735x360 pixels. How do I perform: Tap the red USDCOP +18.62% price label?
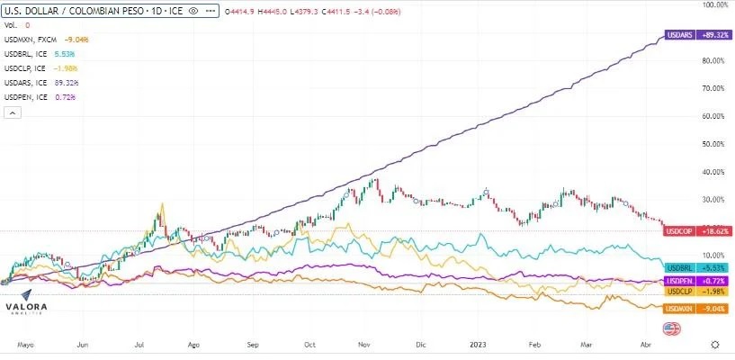687,231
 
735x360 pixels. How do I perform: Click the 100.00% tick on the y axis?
714,5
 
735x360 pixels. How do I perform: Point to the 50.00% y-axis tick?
716,144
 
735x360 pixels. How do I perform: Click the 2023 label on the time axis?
478,344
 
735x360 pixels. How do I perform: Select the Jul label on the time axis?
139,344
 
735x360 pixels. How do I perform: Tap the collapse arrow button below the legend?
13,112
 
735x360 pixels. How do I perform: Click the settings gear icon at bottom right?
714,344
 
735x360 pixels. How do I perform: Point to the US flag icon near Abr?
670,329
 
